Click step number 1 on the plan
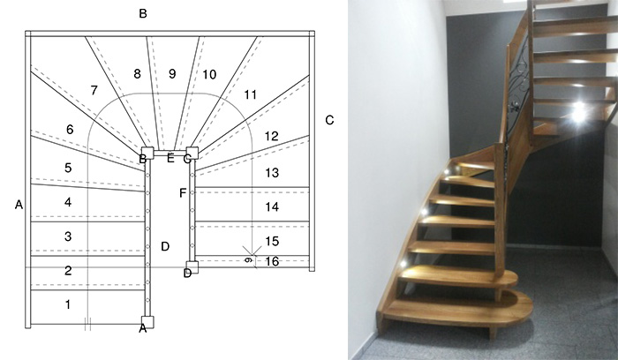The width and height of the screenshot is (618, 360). (68, 304)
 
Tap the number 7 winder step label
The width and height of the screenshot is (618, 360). (94, 90)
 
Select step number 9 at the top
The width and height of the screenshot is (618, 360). (172, 73)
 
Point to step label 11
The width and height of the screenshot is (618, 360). (250, 94)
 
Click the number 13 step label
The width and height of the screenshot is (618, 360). (272, 173)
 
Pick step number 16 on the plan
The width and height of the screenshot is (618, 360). (272, 261)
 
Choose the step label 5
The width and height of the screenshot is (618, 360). (68, 168)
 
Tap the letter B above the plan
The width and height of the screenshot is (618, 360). (143, 13)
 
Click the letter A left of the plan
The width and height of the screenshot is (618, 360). (19, 205)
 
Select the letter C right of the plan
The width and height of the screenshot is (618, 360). (329, 120)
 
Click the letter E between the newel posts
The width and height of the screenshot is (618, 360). (170, 158)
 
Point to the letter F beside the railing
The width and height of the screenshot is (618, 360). (183, 193)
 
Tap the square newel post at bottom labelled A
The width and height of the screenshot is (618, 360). (147, 322)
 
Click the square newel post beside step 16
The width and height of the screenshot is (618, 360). (192, 267)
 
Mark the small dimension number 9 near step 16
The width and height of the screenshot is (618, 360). (248, 260)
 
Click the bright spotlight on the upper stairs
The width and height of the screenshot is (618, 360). (578, 111)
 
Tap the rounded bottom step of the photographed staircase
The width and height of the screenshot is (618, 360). (457, 309)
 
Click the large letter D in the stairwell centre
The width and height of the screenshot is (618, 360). (165, 246)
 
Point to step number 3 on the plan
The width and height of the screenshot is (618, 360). (68, 236)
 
